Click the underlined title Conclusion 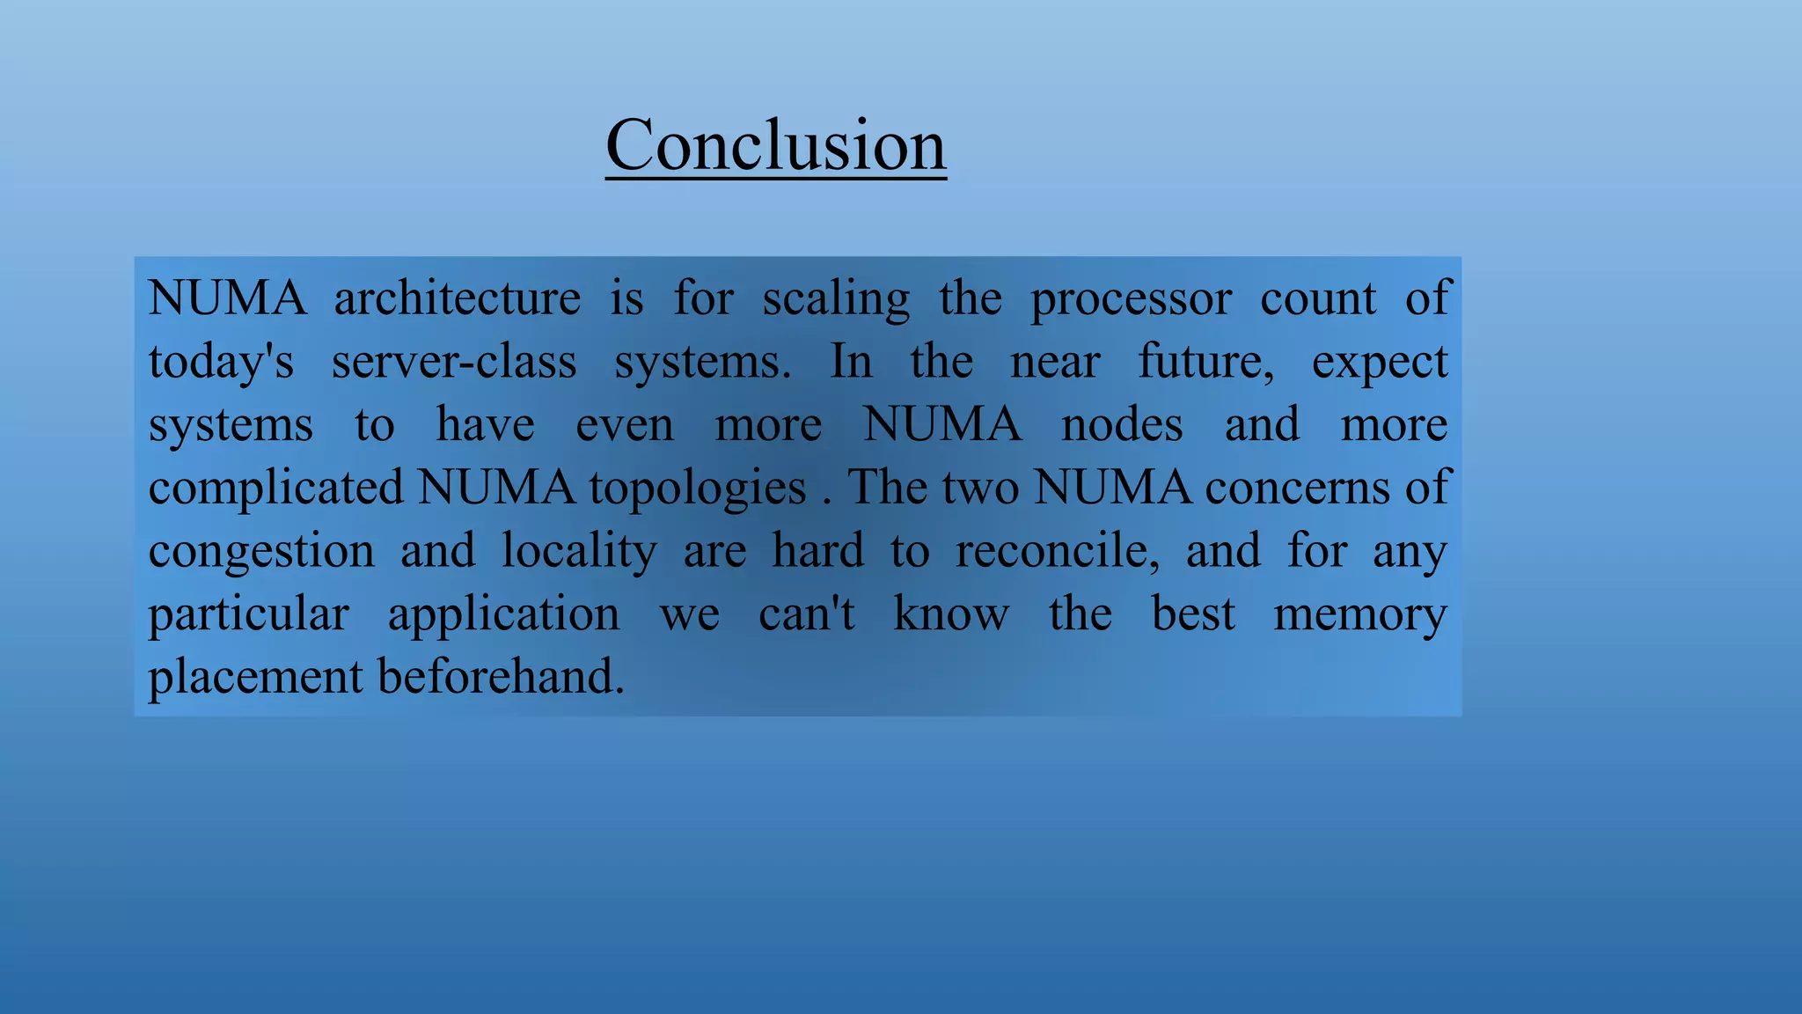775,145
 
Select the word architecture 457,298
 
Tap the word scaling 836,298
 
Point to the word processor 1130,298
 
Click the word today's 221,362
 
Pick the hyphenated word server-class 454,362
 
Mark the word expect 1379,362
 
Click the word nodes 1122,425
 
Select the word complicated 275,488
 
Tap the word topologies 698,488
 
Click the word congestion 261,551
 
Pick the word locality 579,551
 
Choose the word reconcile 1058,551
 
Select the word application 503,614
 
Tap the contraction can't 806,614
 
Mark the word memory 1359,614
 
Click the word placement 255,677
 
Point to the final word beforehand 501,677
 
